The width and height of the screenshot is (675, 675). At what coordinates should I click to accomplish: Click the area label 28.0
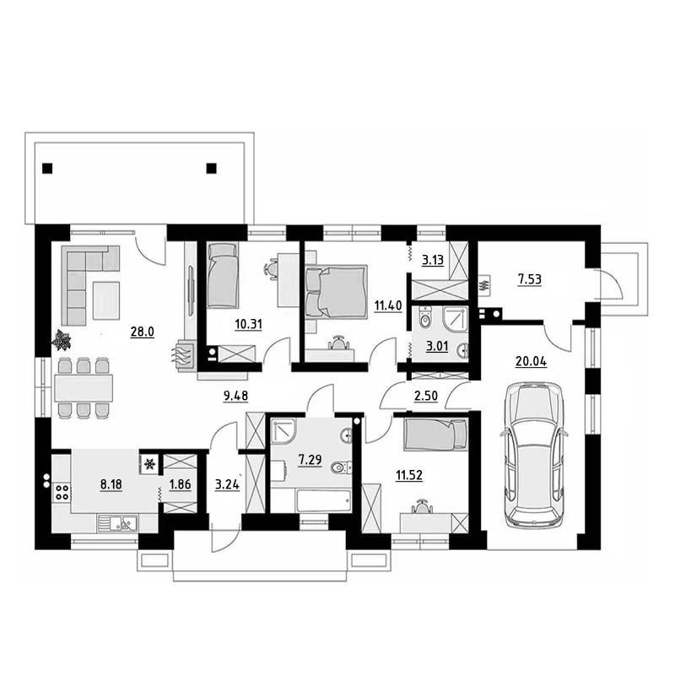[142, 332]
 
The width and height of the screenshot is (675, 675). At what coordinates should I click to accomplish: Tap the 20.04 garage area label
[532, 362]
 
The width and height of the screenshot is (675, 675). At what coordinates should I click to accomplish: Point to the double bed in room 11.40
[336, 291]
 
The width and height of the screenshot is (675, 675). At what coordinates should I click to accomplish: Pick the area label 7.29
[310, 460]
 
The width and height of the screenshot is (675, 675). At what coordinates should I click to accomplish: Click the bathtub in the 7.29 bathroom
[323, 500]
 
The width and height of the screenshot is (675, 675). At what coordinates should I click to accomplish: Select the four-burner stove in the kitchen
[62, 493]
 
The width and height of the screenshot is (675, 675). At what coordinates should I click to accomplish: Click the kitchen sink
[117, 523]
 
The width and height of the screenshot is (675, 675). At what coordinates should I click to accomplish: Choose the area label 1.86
[180, 484]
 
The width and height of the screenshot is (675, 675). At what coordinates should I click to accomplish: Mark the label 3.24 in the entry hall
[227, 484]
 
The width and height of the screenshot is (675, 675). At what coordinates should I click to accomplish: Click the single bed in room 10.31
[223, 275]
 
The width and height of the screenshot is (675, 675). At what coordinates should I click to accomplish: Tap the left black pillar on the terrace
[47, 168]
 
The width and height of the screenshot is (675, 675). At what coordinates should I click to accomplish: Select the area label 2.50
[426, 396]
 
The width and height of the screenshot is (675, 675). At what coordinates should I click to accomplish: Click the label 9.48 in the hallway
[235, 396]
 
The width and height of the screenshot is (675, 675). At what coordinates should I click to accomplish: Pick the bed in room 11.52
[435, 435]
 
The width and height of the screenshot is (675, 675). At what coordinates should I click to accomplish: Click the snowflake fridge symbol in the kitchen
[149, 465]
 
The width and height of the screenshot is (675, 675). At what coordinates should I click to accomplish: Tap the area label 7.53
[530, 280]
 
